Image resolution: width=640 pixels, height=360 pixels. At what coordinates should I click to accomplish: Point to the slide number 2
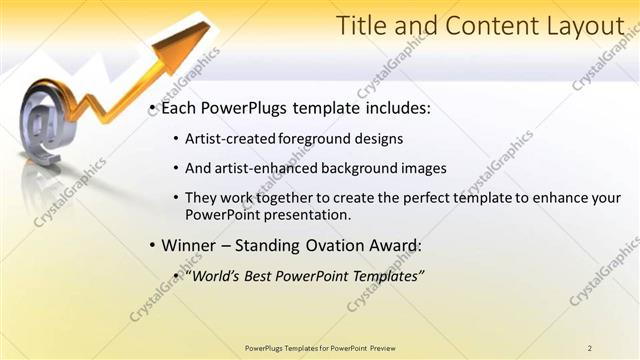click(590, 347)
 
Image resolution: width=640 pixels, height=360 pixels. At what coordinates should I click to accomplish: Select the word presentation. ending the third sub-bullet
click(320, 215)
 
